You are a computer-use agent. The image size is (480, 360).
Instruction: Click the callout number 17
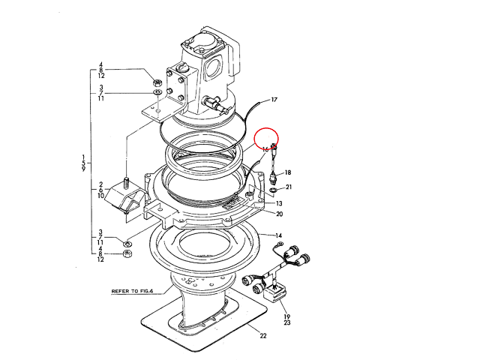coord(274,99)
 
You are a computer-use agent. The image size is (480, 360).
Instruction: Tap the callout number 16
coord(265,149)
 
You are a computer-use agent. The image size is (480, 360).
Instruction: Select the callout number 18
coord(288,172)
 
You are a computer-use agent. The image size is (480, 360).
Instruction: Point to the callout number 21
coord(289,187)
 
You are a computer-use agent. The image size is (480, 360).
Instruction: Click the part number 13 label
coord(278,203)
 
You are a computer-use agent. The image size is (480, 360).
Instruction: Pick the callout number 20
coord(278,214)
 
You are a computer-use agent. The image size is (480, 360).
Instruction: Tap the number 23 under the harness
coord(287,323)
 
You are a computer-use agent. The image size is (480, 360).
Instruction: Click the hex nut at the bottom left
coord(127,254)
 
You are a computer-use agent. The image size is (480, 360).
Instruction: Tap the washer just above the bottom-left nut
coord(127,243)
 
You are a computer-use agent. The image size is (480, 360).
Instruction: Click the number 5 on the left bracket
coord(83,163)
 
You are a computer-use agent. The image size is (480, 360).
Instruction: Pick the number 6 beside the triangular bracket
coord(100,190)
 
